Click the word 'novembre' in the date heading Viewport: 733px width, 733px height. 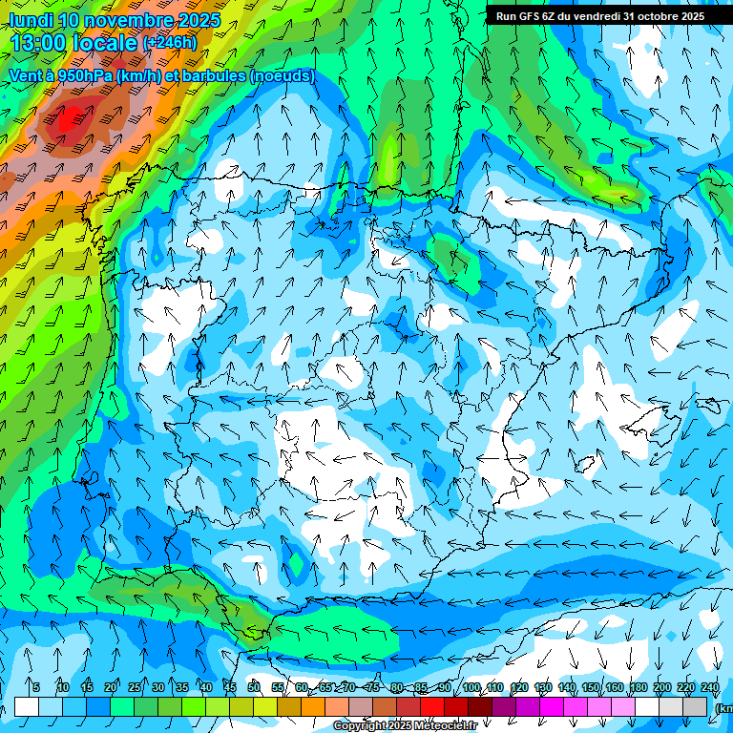pyautogui.click(x=136, y=20)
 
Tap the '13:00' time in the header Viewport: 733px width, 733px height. pyautogui.click(x=41, y=43)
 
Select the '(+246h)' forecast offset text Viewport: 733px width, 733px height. pyautogui.click(x=169, y=43)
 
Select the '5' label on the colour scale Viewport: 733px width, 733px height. pyautogui.click(x=36, y=687)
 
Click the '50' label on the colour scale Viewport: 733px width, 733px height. pyautogui.click(x=254, y=687)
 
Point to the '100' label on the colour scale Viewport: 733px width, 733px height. pyautogui.click(x=471, y=687)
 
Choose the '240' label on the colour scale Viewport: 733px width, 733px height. pyautogui.click(x=710, y=687)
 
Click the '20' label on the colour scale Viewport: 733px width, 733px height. pyautogui.click(x=111, y=687)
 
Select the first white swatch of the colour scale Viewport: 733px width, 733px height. pyautogui.click(x=27, y=706)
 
